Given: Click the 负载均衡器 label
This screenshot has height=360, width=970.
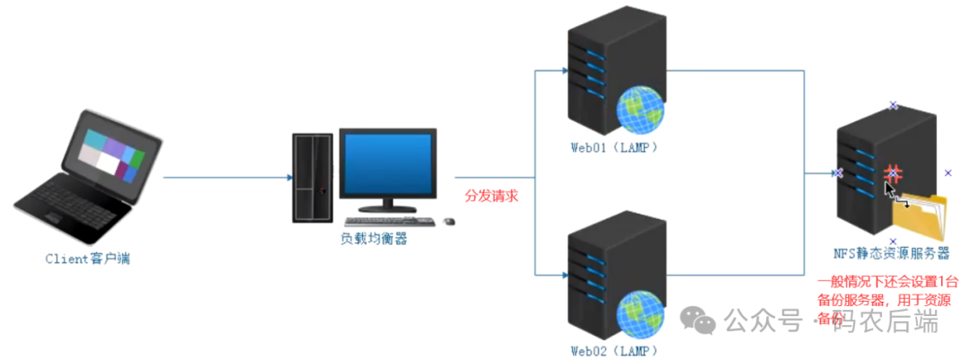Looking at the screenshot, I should [373, 238].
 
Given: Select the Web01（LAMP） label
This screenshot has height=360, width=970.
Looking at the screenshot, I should [614, 147].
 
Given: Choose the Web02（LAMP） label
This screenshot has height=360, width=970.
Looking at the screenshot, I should [614, 350].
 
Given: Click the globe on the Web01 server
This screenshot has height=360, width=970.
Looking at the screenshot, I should [640, 110].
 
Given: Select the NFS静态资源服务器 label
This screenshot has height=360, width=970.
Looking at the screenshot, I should [893, 254].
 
